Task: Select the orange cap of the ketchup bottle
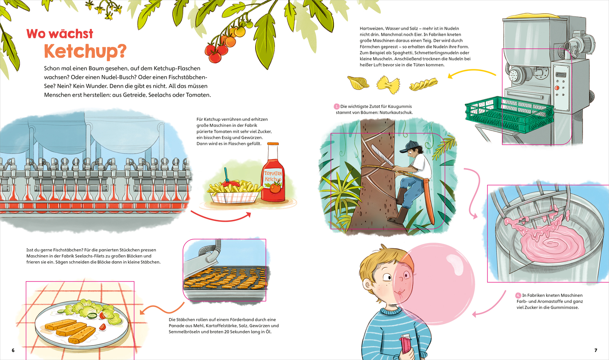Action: pos(273,144)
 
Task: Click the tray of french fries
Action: pos(234,193)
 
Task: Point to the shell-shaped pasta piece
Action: pos(358,83)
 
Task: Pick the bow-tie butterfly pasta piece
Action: pos(388,85)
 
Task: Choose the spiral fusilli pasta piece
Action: pos(423,84)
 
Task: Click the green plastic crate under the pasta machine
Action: pos(509,114)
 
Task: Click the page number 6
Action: pos(13,350)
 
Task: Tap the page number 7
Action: pos(596,350)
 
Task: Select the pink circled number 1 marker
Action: pos(337,107)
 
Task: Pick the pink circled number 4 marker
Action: pos(518,295)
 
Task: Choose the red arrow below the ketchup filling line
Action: pos(221,219)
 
